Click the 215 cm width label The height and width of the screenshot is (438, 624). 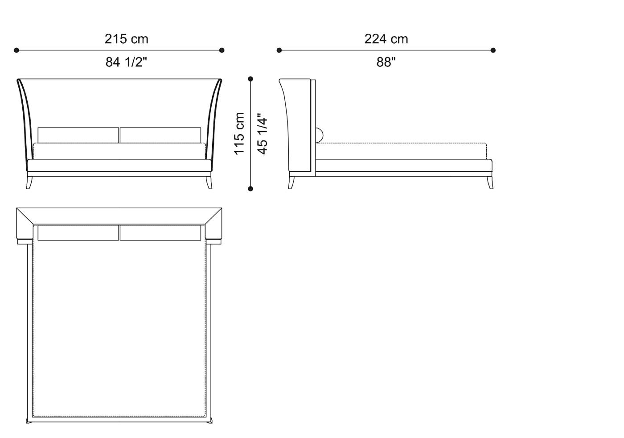pos(126,39)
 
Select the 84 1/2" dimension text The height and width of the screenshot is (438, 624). pos(126,62)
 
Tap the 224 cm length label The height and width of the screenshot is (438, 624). pos(386,39)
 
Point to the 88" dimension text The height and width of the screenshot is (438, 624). pos(386,62)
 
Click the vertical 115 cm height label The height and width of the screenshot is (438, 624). pos(240,133)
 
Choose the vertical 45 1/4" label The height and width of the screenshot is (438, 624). pos(263,133)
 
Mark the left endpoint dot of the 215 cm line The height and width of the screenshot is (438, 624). pos(16,50)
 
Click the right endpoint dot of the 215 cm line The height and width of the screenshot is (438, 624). pos(222,50)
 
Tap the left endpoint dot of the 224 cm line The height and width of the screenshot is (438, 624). pos(279,50)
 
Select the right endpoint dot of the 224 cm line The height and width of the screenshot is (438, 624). pos(493,50)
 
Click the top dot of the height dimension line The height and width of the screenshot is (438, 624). pos(250,79)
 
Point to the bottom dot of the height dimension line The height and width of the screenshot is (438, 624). pos(250,189)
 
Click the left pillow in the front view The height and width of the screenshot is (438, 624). pos(78,135)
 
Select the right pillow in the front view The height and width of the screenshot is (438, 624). pos(160,135)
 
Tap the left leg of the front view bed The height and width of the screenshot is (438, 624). pos(29,182)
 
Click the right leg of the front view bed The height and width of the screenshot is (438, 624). pos(209,182)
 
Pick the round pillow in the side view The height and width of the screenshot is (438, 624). pos(320,134)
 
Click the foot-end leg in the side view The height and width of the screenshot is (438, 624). pos(490,182)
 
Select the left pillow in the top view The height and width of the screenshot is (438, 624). pos(78,233)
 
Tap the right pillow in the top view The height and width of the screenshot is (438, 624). pos(160,233)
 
